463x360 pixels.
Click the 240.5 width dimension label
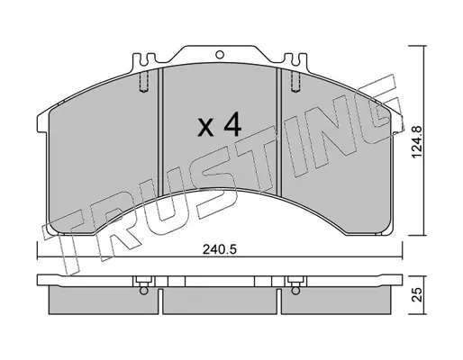click(220, 249)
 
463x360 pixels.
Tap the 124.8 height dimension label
click(417, 142)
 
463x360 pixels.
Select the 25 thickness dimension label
click(418, 295)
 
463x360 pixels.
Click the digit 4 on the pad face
click(232, 124)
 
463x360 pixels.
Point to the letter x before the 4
click(206, 128)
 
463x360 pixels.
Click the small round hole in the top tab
click(220, 54)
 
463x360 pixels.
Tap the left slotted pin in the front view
click(144, 82)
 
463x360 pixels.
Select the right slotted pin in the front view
click(295, 82)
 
